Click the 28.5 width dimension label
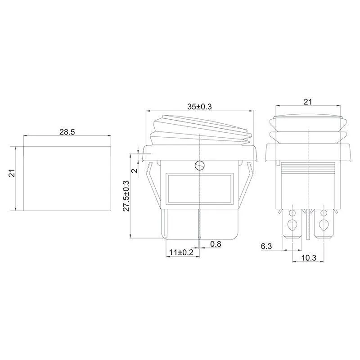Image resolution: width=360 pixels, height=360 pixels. click(67, 132)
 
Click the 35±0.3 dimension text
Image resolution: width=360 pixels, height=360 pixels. click(199, 107)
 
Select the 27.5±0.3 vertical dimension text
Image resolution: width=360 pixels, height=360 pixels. click(126, 196)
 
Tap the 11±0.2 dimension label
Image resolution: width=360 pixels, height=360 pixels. click(181, 252)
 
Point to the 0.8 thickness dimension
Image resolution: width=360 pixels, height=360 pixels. click(216, 244)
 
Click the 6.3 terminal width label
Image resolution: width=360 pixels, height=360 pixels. click(266, 246)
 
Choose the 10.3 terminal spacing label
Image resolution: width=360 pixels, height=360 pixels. click(309, 258)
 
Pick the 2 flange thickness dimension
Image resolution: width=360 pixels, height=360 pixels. click(135, 171)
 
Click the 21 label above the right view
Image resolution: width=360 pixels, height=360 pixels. click(308, 102)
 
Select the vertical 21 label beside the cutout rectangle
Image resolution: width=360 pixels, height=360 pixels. click(12, 173)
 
